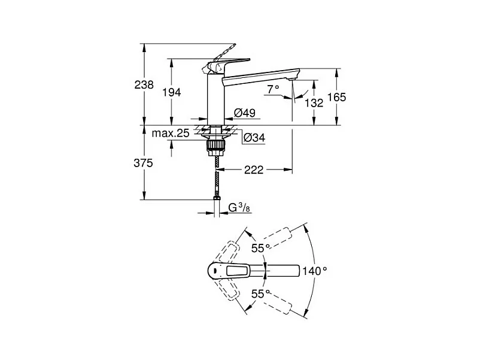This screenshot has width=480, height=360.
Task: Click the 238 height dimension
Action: tap(144, 84)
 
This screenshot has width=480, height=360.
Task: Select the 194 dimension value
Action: tap(171, 92)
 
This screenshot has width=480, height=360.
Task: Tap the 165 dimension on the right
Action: tap(336, 97)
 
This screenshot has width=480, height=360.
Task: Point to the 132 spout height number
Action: tap(314, 102)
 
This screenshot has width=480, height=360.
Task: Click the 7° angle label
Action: tap(273, 89)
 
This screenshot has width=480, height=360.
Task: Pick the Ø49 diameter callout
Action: tap(245, 113)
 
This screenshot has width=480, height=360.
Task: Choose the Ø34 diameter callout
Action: tap(254, 138)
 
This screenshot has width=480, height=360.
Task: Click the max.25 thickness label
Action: tap(171, 133)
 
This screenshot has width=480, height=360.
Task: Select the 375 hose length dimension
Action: tap(143, 163)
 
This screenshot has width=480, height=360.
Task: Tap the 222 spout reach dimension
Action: tap(254, 170)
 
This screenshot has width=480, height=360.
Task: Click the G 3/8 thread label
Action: tap(239, 208)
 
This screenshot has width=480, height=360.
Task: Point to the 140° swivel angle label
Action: tap(315, 271)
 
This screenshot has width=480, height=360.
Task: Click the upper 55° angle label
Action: tap(260, 248)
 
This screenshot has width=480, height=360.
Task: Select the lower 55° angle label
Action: tap(260, 294)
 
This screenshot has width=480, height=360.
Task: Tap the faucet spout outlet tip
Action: tap(291, 79)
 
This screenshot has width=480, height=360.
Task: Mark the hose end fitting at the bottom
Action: tap(217, 198)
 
